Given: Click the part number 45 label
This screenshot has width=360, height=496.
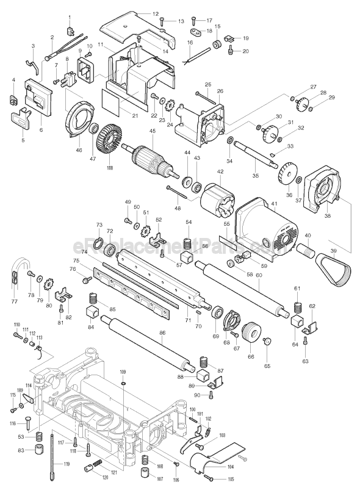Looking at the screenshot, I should click(153, 131).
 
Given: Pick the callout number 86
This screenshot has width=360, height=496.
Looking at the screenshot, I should click(162, 332).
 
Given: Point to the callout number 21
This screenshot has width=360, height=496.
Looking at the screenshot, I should click(135, 116).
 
